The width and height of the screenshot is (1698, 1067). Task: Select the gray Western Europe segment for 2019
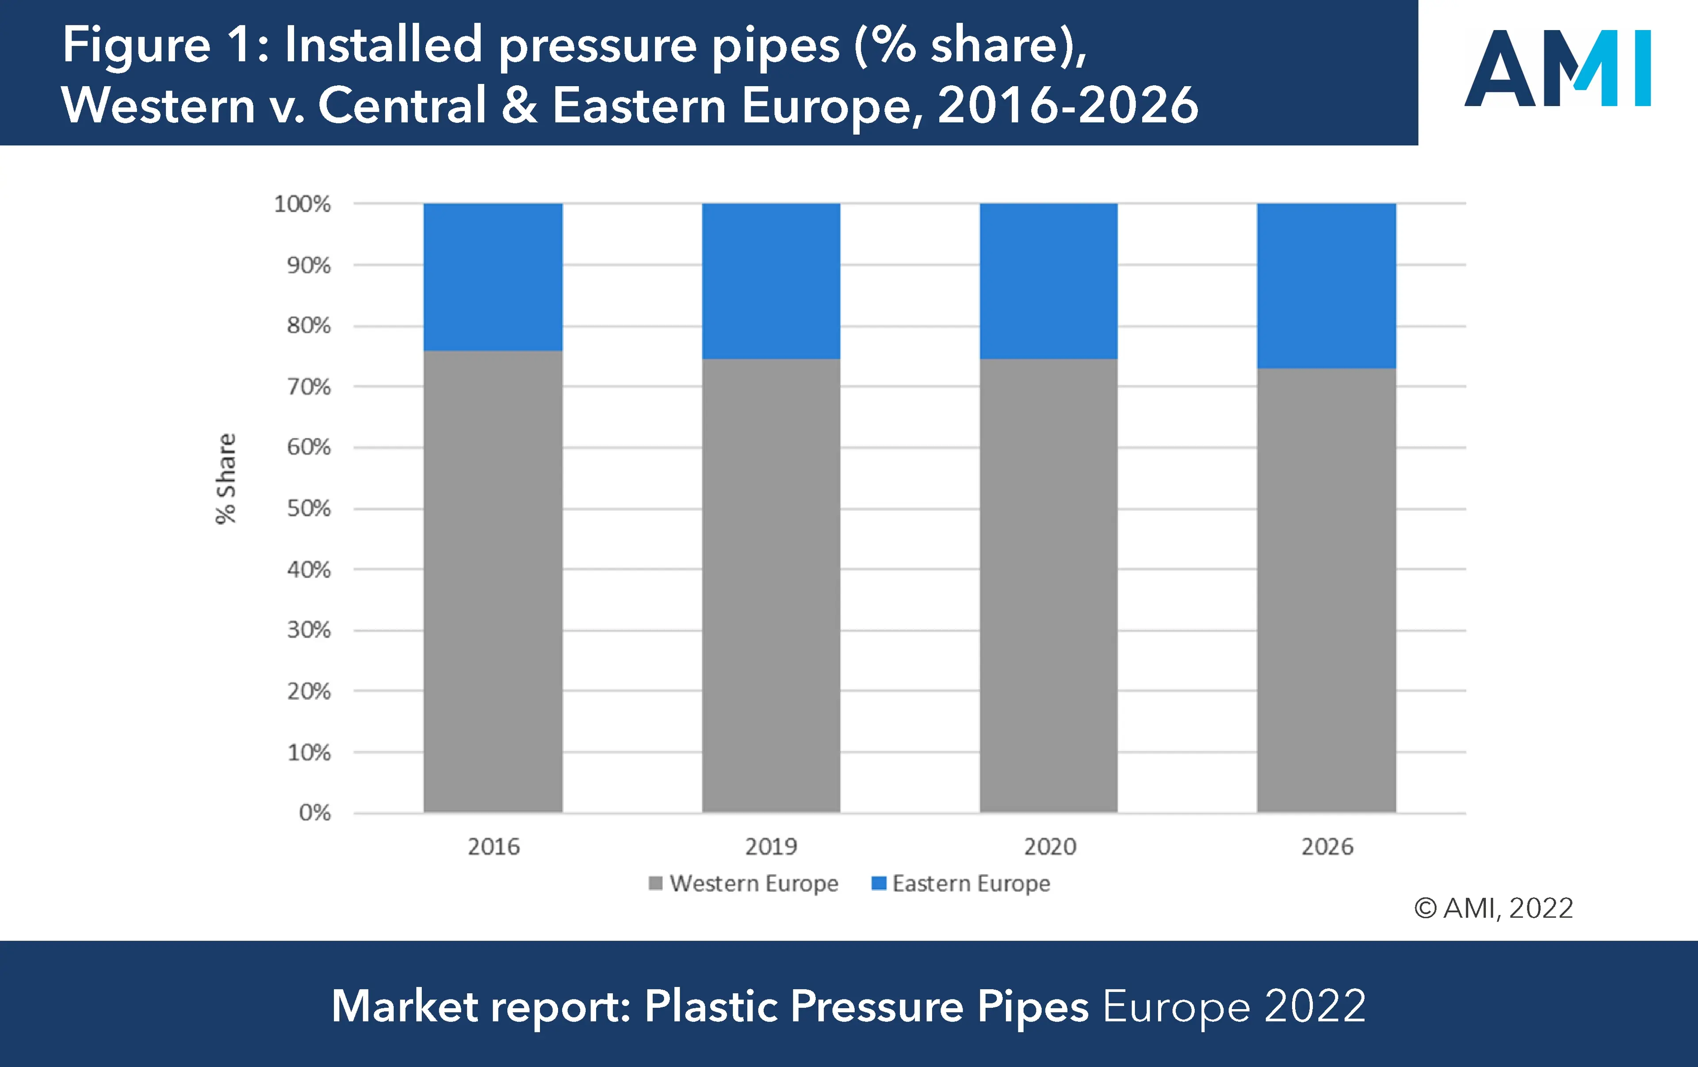pyautogui.click(x=771, y=585)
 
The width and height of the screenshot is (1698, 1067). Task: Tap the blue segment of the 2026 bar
pyautogui.click(x=1327, y=285)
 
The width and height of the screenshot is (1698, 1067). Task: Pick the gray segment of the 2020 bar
pyautogui.click(x=1048, y=585)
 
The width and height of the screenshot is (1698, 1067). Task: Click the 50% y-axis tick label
pyautogui.click(x=308, y=508)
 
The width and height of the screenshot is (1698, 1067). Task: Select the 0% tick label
pyautogui.click(x=314, y=813)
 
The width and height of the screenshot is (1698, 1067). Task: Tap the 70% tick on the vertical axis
pyautogui.click(x=308, y=386)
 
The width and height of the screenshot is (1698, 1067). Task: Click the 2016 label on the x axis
pyautogui.click(x=493, y=847)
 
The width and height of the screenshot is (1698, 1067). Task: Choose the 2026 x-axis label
pyautogui.click(x=1327, y=847)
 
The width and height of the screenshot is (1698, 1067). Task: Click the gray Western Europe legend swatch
pyautogui.click(x=655, y=883)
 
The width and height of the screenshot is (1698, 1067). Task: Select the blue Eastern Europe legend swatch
pyautogui.click(x=879, y=883)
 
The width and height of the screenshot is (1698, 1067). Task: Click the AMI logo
pyautogui.click(x=1557, y=68)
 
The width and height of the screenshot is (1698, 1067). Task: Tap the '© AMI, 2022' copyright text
pyautogui.click(x=1494, y=908)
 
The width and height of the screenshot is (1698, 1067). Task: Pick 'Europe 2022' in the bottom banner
pyautogui.click(x=1234, y=1006)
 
